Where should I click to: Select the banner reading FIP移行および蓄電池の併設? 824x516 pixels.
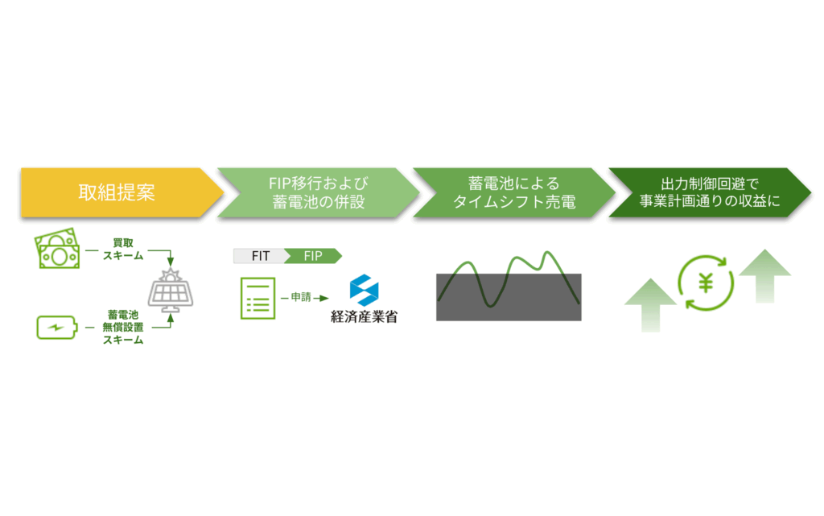[318, 192]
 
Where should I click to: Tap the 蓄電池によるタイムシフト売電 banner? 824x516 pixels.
[514, 192]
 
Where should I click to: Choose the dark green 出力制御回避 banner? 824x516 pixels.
[710, 192]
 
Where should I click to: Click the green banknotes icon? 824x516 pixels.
[57, 249]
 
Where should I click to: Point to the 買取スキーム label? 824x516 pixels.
[123, 249]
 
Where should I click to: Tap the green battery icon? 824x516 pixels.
[57, 328]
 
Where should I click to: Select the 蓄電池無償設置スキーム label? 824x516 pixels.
[123, 327]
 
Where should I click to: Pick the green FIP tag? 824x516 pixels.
[313, 256]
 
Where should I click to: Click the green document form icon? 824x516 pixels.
[257, 298]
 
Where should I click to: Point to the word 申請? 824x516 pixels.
[301, 297]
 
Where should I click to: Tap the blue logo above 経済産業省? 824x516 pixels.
[365, 290]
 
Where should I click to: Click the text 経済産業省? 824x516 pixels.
[365, 317]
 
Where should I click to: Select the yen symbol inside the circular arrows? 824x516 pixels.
[706, 283]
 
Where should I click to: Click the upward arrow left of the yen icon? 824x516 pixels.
[650, 305]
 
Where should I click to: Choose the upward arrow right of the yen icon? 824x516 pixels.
[765, 276]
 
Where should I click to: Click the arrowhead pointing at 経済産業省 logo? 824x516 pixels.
[324, 298]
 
